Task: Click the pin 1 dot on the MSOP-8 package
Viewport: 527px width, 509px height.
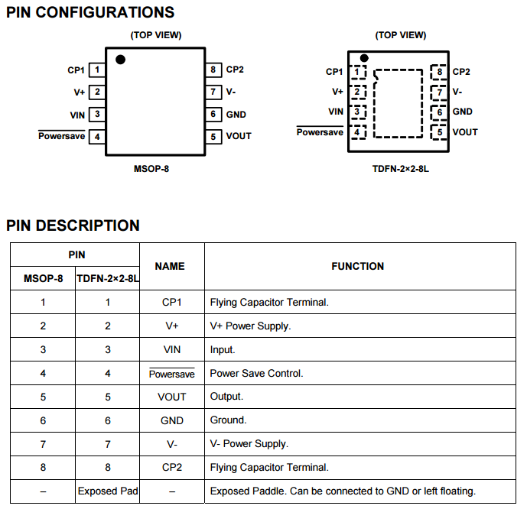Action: coord(120,60)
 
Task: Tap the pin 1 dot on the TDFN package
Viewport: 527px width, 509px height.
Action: coord(364,58)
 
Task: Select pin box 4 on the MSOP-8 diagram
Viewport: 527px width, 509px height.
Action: coord(97,137)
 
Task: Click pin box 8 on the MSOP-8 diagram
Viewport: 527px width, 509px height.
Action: coord(213,70)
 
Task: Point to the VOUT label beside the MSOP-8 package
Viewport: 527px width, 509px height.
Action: coord(239,136)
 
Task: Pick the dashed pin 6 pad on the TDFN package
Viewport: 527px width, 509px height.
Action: coord(438,112)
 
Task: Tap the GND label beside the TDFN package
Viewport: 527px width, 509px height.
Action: coord(463,112)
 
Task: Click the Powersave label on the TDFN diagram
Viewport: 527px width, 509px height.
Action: coord(320,131)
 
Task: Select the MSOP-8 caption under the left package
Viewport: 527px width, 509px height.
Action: coord(151,169)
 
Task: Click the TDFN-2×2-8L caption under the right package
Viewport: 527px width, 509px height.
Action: coord(401,169)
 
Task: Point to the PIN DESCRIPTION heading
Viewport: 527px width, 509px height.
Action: coord(73,225)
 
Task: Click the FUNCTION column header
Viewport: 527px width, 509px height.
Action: coord(358,266)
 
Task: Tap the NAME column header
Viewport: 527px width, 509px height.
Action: coord(170,266)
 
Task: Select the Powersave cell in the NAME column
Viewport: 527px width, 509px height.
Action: coord(172,374)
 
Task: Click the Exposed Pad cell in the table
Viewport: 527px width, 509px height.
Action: coord(108,491)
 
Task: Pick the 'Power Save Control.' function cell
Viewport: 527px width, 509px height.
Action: coord(256,374)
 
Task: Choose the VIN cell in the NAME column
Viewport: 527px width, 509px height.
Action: coord(172,349)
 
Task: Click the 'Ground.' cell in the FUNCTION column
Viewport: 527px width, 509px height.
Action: coord(228,420)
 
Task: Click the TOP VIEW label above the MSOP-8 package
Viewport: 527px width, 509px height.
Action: coord(156,35)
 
